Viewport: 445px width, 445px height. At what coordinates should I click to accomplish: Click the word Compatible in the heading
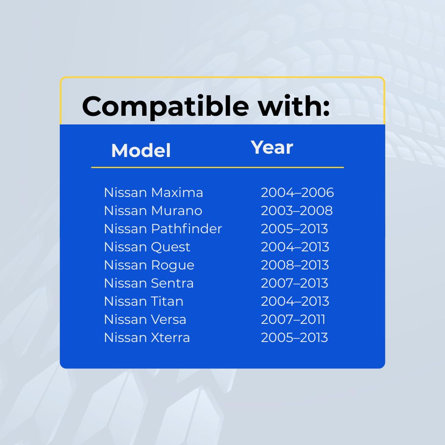click(166, 107)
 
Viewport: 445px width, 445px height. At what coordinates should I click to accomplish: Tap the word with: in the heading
click(294, 105)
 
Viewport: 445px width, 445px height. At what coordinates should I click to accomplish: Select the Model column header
click(141, 150)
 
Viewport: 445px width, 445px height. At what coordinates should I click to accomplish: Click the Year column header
click(272, 148)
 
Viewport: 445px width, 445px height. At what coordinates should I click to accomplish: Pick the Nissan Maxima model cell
click(154, 192)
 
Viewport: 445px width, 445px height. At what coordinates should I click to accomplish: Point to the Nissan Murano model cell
click(153, 211)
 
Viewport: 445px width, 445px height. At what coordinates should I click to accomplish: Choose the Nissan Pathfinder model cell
click(163, 229)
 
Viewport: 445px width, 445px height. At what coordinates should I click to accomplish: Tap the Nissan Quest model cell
click(147, 247)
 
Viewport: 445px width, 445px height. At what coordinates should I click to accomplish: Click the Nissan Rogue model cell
click(149, 265)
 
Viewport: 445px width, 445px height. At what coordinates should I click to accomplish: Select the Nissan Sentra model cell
click(149, 283)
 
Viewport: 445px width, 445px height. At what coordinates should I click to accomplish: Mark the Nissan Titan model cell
click(144, 301)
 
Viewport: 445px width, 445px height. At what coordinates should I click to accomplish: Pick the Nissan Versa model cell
click(145, 320)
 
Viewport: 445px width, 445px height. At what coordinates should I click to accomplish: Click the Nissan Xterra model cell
click(147, 338)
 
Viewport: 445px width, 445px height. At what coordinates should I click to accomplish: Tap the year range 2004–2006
click(297, 192)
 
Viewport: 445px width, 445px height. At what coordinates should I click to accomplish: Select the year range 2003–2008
click(297, 211)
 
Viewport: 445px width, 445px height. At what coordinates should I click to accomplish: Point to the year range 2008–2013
click(295, 265)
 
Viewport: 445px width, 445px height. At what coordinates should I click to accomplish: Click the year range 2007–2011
click(293, 320)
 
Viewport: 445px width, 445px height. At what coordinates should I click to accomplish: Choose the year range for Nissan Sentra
click(295, 283)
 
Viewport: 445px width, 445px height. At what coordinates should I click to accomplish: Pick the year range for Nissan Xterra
click(295, 338)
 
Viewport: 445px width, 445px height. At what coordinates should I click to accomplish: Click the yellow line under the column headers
click(218, 167)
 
